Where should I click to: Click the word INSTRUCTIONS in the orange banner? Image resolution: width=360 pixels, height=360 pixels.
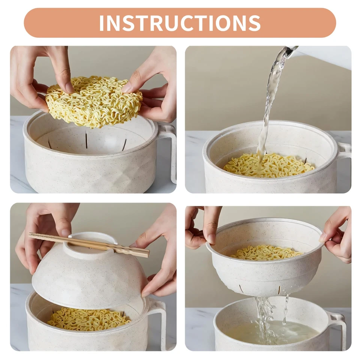[180, 23]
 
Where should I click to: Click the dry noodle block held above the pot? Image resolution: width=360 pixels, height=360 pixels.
[94, 101]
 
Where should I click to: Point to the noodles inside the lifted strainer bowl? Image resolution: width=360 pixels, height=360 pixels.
[266, 252]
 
